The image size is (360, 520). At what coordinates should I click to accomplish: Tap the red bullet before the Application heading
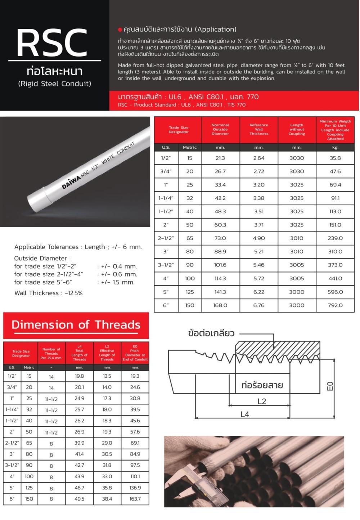click(x=120, y=30)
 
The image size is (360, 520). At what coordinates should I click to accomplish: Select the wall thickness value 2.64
click(x=258, y=158)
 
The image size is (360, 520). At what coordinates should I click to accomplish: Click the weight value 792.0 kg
click(x=335, y=305)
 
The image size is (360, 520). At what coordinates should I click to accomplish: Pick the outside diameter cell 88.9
click(x=220, y=252)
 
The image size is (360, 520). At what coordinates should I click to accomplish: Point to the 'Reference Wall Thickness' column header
click(x=258, y=129)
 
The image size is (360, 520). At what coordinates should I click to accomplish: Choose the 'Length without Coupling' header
click(x=297, y=129)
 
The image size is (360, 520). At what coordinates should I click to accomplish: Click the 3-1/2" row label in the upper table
click(x=166, y=265)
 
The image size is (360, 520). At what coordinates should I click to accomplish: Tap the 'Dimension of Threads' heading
click(x=76, y=325)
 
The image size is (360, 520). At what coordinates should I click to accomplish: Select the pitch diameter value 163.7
click(x=135, y=499)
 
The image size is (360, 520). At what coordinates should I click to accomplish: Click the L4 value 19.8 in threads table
click(x=79, y=376)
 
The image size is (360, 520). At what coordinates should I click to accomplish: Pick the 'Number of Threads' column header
click(x=51, y=353)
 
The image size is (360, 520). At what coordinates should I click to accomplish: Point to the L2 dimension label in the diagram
click(x=262, y=402)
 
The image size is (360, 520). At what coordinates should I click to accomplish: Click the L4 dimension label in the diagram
click(x=245, y=414)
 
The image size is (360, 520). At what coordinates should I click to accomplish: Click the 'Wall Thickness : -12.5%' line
click(x=48, y=293)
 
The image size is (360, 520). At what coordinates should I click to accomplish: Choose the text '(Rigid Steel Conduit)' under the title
click(x=54, y=84)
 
